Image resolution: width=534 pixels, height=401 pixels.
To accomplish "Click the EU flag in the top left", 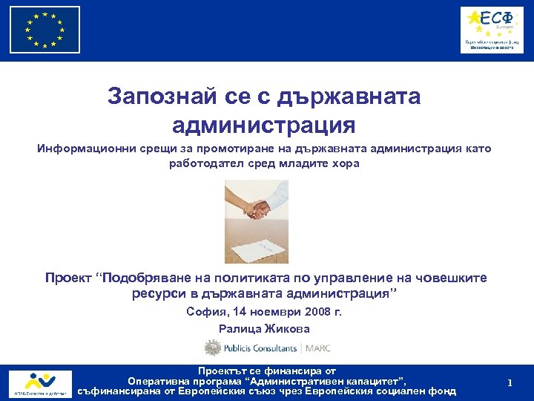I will coord(45,30).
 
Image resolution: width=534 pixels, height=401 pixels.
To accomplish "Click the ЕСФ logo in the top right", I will coord(491,30).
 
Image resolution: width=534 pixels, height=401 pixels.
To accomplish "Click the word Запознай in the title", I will coord(152,96).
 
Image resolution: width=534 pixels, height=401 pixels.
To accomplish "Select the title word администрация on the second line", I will coord(263,123).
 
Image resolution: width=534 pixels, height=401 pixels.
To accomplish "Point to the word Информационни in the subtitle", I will coord(86,149).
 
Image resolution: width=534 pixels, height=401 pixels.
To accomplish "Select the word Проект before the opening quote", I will coord(68,278).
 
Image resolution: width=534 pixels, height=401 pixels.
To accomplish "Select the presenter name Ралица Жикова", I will coord(264,329).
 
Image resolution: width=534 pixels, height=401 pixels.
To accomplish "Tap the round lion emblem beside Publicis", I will coord(213,348).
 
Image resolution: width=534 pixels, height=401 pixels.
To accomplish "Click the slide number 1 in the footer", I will coord(510,382).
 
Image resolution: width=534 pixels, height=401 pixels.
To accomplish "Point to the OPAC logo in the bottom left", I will coord(41,383).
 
